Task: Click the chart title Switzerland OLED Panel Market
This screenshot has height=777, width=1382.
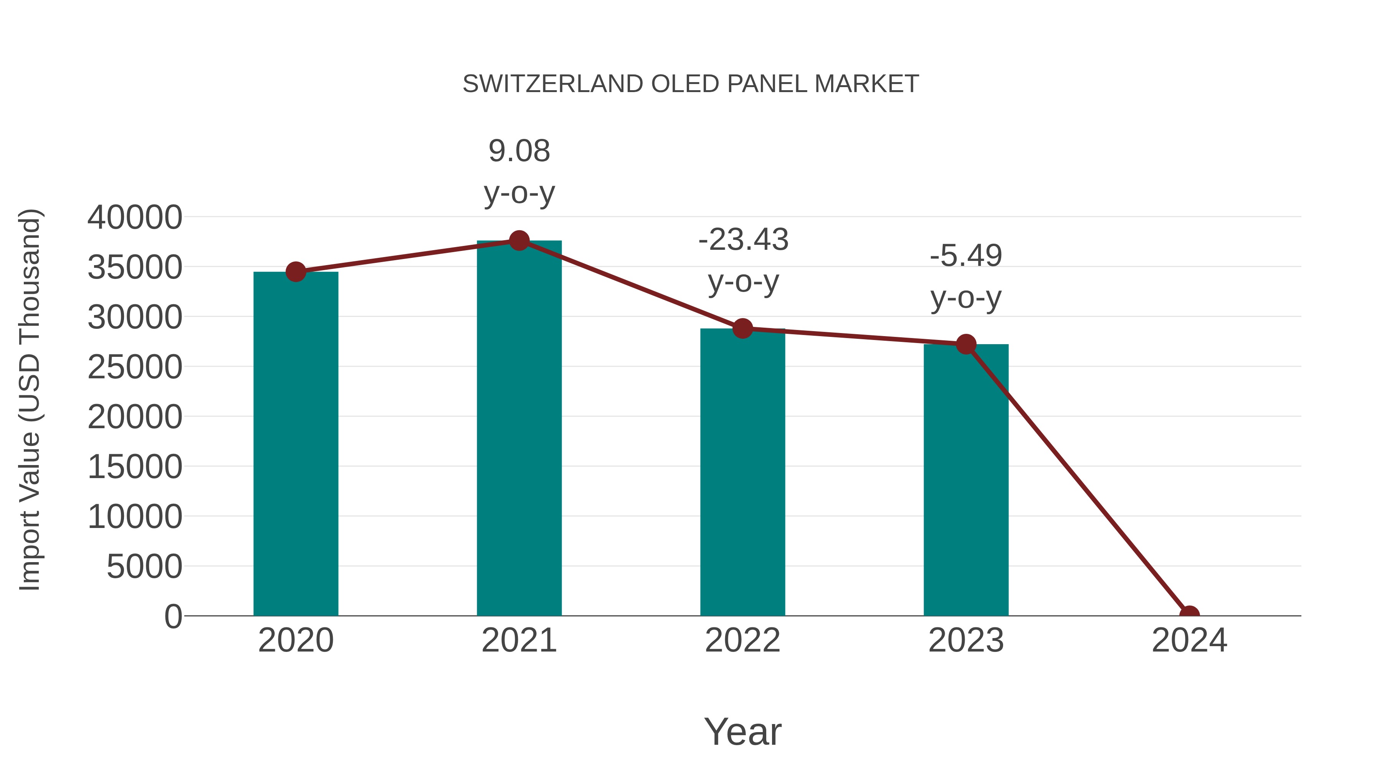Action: [691, 84]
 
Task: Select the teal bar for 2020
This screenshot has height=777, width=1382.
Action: [296, 445]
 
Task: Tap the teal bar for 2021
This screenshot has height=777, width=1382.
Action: [519, 429]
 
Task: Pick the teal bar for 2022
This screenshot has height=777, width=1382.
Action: [742, 472]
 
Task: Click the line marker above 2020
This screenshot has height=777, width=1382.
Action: [296, 272]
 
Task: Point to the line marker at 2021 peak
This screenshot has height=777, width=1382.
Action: [519, 241]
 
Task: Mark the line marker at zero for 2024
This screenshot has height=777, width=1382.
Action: [1189, 615]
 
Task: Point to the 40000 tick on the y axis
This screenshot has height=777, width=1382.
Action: [135, 218]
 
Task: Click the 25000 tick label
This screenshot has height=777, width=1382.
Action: [135, 367]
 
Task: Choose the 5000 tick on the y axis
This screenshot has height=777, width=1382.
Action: [144, 567]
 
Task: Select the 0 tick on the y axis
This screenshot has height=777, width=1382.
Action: [173, 617]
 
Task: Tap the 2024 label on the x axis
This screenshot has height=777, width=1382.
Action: [1189, 640]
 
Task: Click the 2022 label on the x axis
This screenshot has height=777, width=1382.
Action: [742, 640]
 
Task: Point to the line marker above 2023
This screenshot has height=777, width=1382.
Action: [966, 344]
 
